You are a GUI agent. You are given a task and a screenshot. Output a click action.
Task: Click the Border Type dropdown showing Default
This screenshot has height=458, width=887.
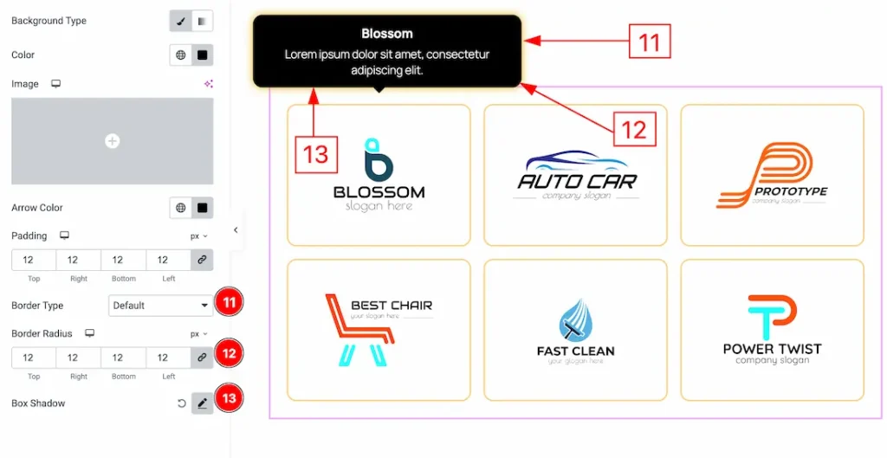[161, 306]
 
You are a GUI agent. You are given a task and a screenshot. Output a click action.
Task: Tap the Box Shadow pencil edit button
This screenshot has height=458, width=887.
[202, 403]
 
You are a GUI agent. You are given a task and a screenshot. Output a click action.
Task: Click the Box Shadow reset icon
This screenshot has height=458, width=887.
[182, 403]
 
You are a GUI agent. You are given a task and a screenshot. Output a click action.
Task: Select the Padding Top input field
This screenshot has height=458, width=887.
[34, 260]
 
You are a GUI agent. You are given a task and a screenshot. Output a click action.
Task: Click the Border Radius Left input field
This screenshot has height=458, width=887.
[168, 358]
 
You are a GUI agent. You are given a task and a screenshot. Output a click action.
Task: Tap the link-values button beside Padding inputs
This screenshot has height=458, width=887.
[202, 260]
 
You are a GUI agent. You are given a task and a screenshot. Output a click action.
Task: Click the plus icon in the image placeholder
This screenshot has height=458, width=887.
[112, 141]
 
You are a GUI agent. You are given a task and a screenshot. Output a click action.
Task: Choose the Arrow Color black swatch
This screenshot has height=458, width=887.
[202, 208]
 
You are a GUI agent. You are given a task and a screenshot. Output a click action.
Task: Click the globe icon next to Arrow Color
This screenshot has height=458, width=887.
[180, 208]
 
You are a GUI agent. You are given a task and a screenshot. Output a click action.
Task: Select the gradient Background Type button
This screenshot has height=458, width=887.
[202, 21]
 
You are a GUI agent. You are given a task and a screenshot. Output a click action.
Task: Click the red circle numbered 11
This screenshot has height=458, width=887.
[230, 303]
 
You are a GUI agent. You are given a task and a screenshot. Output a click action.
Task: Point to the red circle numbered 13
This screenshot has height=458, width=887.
[230, 399]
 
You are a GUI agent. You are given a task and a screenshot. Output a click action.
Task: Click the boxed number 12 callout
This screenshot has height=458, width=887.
[634, 130]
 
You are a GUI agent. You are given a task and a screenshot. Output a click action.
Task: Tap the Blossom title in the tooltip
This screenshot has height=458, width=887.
[387, 34]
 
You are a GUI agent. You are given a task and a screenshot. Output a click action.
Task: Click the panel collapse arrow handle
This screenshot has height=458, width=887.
[236, 230]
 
